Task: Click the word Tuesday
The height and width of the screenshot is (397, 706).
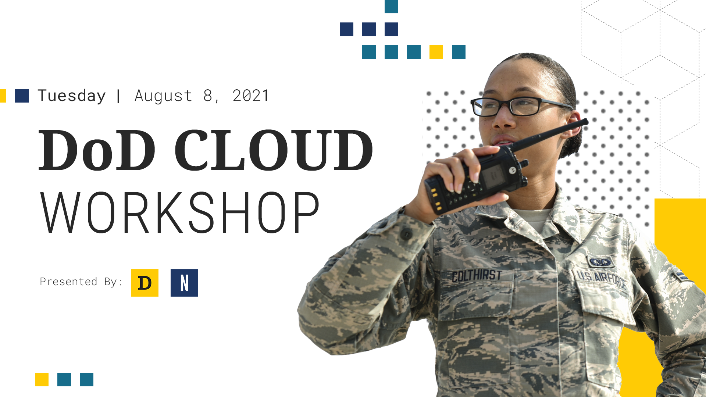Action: (71, 96)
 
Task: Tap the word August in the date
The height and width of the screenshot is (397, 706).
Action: (163, 96)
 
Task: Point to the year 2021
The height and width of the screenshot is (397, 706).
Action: (251, 96)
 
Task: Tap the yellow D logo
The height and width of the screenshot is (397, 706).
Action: (145, 283)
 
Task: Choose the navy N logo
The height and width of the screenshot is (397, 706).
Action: (184, 283)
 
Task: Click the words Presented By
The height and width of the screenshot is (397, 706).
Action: (81, 282)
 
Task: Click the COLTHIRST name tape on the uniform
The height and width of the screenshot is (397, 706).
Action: (477, 276)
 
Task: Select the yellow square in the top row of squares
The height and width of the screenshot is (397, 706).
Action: (436, 52)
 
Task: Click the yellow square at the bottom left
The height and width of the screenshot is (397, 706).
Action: (42, 379)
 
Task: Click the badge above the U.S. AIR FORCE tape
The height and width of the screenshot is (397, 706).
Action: (600, 262)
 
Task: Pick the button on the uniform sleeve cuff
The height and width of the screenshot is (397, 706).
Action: (406, 234)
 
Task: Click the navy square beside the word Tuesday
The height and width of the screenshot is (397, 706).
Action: (22, 96)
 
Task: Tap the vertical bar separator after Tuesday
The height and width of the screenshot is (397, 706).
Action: (118, 96)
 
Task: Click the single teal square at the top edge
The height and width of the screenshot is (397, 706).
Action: (391, 6)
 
